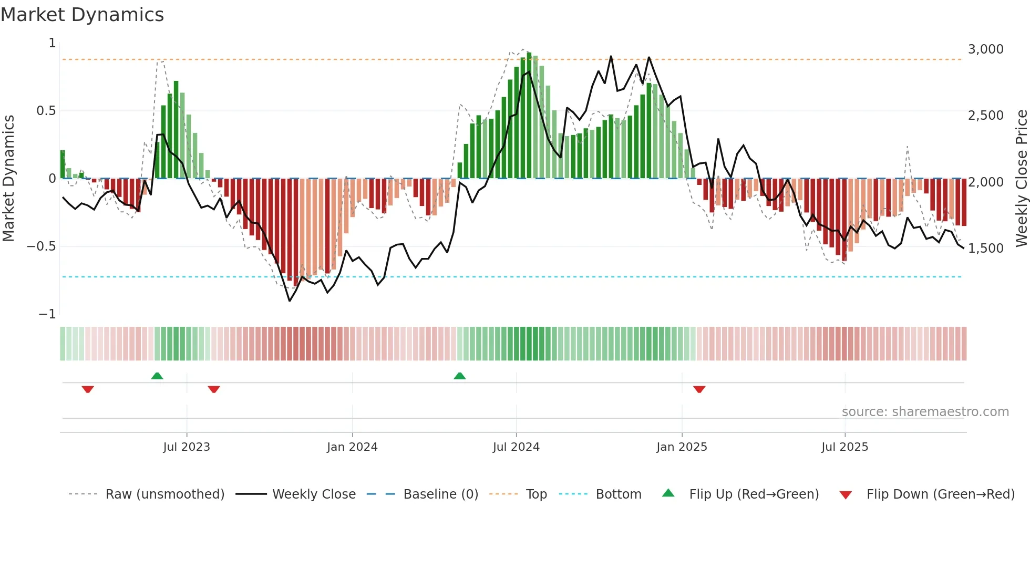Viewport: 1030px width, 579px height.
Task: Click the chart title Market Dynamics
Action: pyautogui.click(x=82, y=15)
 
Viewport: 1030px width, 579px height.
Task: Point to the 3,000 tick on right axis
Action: pyautogui.click(x=985, y=49)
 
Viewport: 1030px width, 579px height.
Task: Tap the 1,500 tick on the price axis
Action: pyautogui.click(x=985, y=248)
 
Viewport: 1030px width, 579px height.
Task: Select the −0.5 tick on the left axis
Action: pyautogui.click(x=41, y=246)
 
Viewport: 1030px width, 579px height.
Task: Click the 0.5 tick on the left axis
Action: pyautogui.click(x=46, y=111)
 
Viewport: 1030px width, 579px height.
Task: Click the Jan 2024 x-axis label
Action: pyautogui.click(x=352, y=447)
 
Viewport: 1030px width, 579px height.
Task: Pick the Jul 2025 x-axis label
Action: pyautogui.click(x=844, y=447)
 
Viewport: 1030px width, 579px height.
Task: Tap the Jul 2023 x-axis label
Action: pyautogui.click(x=187, y=447)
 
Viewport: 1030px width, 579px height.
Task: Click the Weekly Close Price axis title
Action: pyautogui.click(x=1021, y=178)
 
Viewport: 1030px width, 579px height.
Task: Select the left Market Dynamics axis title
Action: pyautogui.click(x=8, y=178)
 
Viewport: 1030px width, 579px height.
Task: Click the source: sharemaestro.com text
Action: pyautogui.click(x=925, y=412)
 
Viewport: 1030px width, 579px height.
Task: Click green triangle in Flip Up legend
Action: pyautogui.click(x=668, y=493)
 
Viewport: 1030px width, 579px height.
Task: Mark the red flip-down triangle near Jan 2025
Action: pyautogui.click(x=699, y=389)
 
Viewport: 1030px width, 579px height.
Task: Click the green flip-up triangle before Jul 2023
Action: pyautogui.click(x=157, y=376)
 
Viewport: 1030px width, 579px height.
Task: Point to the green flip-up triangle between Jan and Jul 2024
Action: pyautogui.click(x=460, y=376)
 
